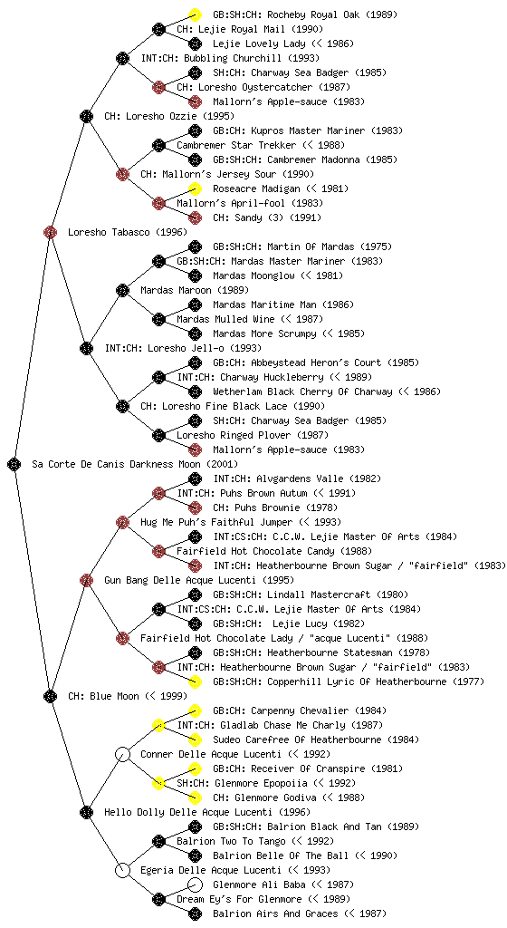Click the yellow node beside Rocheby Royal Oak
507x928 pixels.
(x=195, y=14)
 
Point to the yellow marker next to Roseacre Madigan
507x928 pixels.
(x=195, y=188)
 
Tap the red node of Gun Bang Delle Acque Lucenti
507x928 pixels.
(x=86, y=580)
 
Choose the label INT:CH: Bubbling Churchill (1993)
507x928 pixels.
(x=230, y=58)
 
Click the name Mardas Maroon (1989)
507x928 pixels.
(x=195, y=290)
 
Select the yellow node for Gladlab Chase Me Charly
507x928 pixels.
(x=158, y=725)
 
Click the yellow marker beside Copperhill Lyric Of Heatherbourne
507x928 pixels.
(x=195, y=681)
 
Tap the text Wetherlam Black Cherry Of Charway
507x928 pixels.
(x=302, y=391)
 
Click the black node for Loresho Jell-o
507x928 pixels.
(x=86, y=348)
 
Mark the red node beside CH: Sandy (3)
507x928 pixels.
(x=195, y=217)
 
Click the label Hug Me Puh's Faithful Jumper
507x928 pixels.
(x=216, y=522)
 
